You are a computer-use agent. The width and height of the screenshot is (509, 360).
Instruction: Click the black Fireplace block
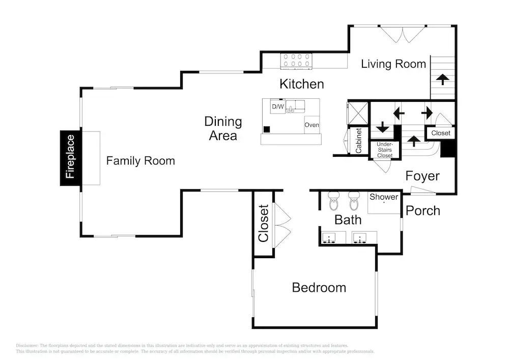pos(70,158)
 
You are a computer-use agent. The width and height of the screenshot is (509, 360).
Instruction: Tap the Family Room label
pos(140,161)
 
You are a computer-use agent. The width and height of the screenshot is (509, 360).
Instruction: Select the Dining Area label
pos(223,128)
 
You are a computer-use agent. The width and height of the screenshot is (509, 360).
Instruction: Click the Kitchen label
pos(301,84)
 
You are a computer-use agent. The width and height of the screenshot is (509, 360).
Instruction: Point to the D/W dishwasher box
pos(278,106)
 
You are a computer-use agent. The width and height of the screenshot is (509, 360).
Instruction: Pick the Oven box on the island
pos(312,125)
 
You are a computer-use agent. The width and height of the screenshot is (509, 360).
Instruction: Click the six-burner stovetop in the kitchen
pos(296,61)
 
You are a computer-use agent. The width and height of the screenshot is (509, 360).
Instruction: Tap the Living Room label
pos(393,64)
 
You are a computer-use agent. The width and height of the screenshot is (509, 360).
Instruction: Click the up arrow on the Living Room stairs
pos(442,79)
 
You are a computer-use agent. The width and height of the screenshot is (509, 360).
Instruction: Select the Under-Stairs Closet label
pos(385,150)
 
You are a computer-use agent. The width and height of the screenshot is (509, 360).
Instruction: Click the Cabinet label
pos(359,141)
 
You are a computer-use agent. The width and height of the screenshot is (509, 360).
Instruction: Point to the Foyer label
pos(422,176)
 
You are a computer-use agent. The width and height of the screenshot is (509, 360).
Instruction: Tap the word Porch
pos(422,211)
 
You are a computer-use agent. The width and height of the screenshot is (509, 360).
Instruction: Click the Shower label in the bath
pos(384,197)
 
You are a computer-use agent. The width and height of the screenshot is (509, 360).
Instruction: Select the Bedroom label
pos(319,288)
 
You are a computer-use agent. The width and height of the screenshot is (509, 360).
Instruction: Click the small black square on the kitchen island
pos(267,129)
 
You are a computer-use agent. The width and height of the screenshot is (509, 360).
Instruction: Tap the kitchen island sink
pos(295,106)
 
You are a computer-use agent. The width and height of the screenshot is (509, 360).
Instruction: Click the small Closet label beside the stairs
pos(440,133)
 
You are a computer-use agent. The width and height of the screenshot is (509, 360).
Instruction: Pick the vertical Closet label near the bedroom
pos(263,224)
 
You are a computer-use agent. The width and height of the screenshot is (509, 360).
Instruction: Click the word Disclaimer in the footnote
pos(27,345)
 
